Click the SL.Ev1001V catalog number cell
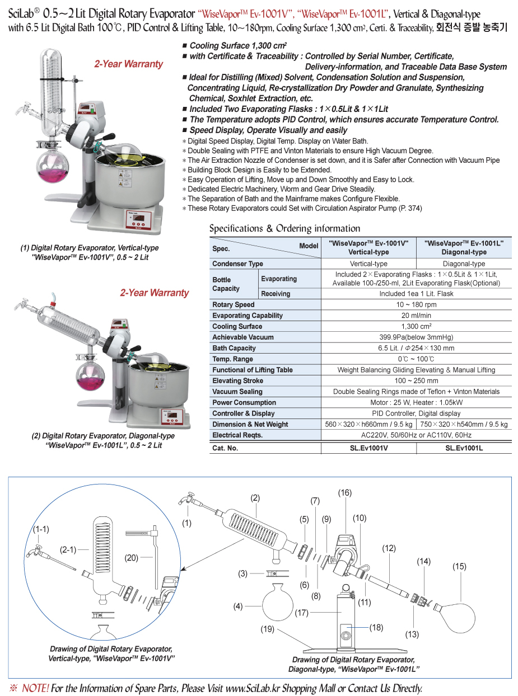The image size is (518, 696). click(368, 448)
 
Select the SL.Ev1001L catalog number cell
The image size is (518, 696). click(464, 448)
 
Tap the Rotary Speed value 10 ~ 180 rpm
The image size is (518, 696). click(416, 305)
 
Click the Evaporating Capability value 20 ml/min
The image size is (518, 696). click(416, 316)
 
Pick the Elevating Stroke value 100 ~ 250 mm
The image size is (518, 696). click(416, 380)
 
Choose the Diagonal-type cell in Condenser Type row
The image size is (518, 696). click(464, 264)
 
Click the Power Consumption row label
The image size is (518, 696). click(244, 402)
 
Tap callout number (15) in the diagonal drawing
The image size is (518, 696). click(459, 567)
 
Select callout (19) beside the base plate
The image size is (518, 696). click(267, 629)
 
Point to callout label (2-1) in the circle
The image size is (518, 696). click(68, 550)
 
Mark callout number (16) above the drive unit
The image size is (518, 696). click(344, 493)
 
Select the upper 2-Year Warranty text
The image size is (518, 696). click(128, 64)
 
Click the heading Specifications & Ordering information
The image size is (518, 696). click(284, 228)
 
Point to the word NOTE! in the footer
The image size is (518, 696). click(35, 688)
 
